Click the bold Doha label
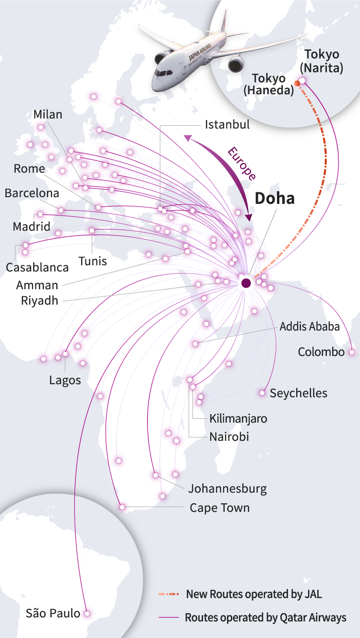tap(274, 198)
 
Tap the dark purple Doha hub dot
tap(246, 283)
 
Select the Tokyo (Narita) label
tap(321, 61)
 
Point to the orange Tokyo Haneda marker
tap(297, 83)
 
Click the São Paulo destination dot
tap(87, 613)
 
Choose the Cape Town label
tap(219, 508)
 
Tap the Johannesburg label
tap(227, 489)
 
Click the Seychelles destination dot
tap(262, 393)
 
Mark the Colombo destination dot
tap(352, 352)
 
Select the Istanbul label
tap(227, 125)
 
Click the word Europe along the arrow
tap(241, 164)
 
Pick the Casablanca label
tap(37, 267)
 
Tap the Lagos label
tap(65, 380)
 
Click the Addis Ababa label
tap(310, 327)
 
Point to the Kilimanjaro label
tap(238, 418)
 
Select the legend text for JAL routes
tap(254, 594)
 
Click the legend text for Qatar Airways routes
tap(265, 617)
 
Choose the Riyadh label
tap(39, 301)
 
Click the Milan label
tap(48, 115)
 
